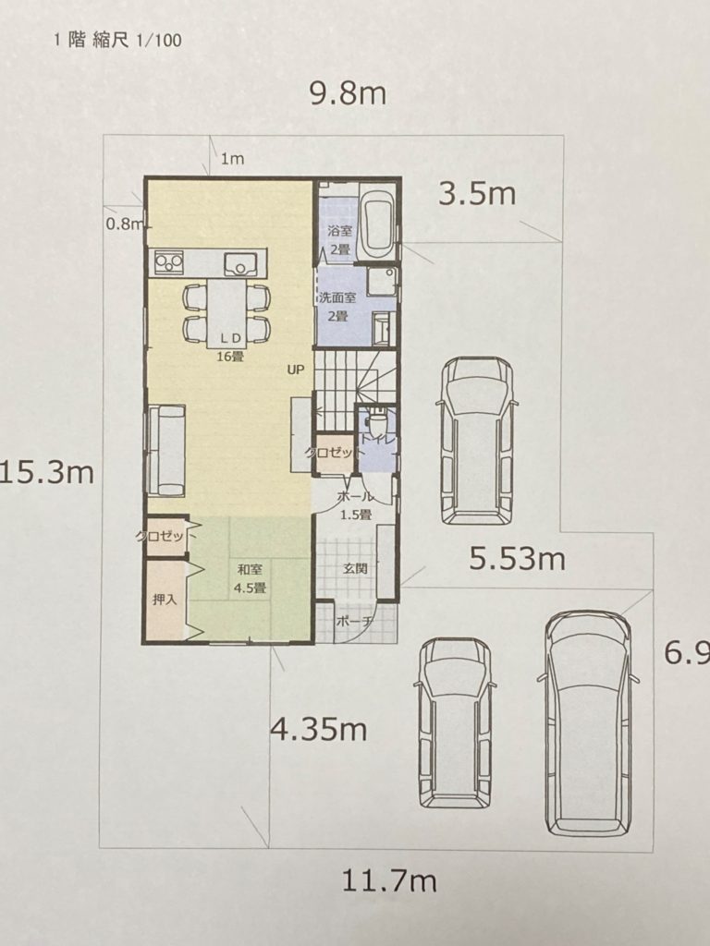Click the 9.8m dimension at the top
point(348,93)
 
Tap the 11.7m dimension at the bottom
point(389,881)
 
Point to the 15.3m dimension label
point(47,472)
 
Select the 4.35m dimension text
point(318,730)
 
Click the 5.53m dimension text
point(518,559)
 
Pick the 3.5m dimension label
point(477,194)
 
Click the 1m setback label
point(232,159)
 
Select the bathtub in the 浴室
point(377,223)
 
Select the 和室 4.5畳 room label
point(249,578)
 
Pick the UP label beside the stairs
point(296,370)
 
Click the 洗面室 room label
point(337,297)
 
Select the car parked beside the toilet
point(478,441)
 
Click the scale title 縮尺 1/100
point(137,41)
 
